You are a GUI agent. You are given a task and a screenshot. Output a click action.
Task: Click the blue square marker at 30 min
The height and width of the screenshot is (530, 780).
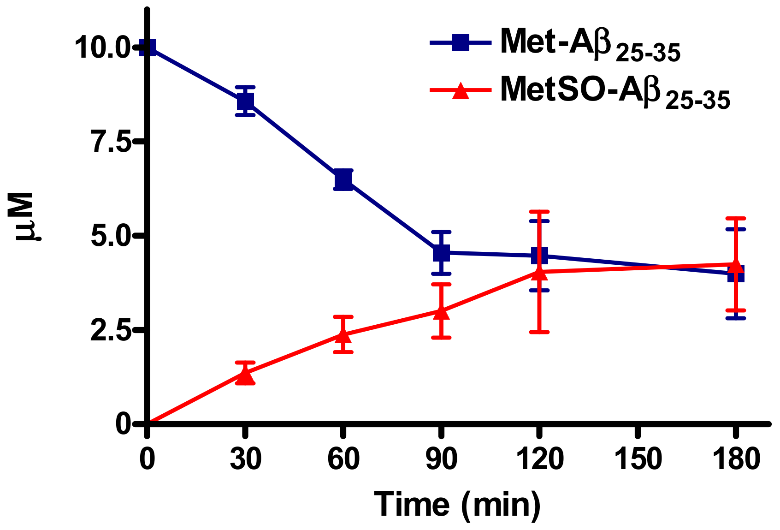coord(245,101)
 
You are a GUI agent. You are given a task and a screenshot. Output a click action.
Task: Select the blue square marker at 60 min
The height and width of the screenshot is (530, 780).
coord(343,179)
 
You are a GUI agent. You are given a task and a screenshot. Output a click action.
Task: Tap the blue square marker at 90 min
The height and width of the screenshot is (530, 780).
coord(441,252)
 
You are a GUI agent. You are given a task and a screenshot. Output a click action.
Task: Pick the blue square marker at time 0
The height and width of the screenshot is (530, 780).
coord(148,47)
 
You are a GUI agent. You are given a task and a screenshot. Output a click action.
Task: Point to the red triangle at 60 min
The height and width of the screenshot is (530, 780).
coord(343,335)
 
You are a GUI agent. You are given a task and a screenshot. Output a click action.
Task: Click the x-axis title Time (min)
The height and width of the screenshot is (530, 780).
coord(457,504)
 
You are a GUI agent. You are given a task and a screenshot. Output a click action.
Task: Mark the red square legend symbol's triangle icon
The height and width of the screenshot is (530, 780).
coord(460,91)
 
